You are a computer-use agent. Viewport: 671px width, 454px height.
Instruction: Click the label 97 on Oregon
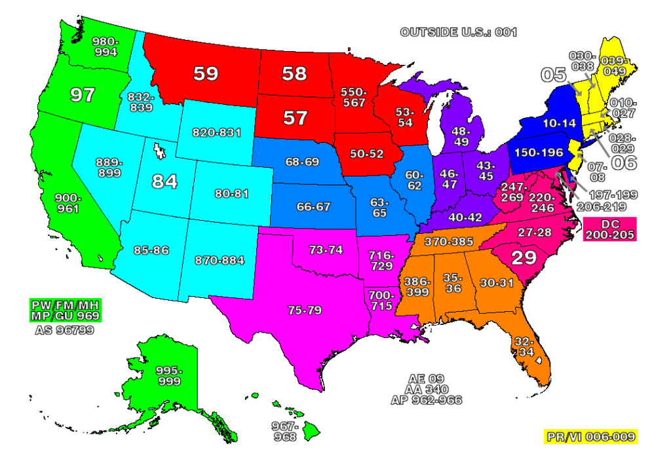coord(83,95)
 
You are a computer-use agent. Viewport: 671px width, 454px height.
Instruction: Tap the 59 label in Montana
coord(205,73)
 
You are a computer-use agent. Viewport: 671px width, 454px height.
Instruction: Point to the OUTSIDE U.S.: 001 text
coord(458,31)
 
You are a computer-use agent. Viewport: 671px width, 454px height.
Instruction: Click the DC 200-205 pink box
coord(609,229)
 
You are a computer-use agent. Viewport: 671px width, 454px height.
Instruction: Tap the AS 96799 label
coord(64,331)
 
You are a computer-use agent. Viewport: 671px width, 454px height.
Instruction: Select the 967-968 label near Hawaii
coord(285,431)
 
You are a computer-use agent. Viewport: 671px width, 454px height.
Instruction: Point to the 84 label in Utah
coord(164,181)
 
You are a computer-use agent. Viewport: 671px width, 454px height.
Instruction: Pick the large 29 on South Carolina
coord(524,257)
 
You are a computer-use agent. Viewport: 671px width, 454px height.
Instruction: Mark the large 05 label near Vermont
coord(554,74)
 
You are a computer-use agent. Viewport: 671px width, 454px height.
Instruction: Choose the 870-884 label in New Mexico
coord(220,260)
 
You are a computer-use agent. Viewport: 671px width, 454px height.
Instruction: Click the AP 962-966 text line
coord(426,399)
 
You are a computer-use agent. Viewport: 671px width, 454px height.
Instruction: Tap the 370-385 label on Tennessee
coord(449,242)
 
